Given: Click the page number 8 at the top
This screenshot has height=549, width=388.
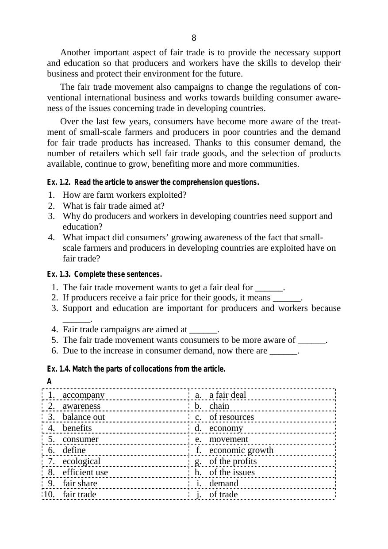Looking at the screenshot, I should [194, 38].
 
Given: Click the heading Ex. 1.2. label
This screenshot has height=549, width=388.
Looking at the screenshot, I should [59, 182].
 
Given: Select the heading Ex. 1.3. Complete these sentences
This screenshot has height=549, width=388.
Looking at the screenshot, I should [104, 274].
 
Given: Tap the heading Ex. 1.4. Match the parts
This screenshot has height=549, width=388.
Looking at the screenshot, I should [136, 369].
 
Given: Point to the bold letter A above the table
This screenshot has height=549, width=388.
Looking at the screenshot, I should [50, 381].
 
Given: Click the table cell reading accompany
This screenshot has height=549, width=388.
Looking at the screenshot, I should [84, 395].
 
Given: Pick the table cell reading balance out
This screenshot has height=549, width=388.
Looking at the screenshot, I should [84, 417].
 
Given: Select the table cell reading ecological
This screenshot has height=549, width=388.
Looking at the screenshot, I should [81, 461].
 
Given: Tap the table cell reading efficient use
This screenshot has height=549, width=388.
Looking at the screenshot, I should [85, 472].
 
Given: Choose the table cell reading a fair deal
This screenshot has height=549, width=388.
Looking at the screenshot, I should [227, 395].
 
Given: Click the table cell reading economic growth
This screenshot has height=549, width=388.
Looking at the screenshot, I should [241, 450].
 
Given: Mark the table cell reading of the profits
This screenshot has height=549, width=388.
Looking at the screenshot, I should [233, 461].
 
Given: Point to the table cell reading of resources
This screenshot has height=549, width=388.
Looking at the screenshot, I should [231, 417].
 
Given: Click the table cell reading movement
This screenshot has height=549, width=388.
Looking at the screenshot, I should [229, 439].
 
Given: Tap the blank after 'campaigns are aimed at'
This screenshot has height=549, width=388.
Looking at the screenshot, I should [203, 330].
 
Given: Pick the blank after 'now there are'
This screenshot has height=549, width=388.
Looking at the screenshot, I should [283, 351].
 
